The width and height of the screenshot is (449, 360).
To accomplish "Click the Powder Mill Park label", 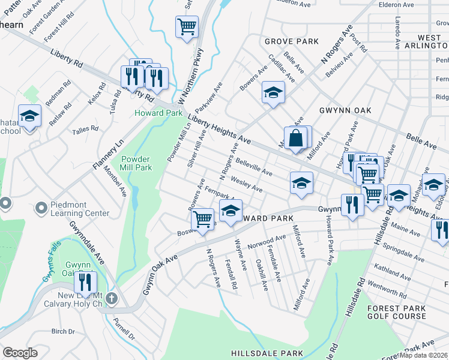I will (x=136, y=164).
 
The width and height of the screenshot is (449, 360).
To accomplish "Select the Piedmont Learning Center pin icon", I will (x=41, y=208).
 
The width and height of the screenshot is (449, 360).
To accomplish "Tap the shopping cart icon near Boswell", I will (x=203, y=218).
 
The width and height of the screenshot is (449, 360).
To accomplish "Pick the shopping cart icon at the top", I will (x=187, y=26).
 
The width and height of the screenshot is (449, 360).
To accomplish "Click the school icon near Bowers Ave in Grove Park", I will (x=273, y=92).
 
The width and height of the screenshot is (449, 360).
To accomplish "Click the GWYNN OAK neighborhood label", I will (x=345, y=110).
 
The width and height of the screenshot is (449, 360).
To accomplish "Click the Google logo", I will (x=20, y=353).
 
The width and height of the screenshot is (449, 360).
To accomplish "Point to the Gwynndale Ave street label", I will (x=87, y=241).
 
